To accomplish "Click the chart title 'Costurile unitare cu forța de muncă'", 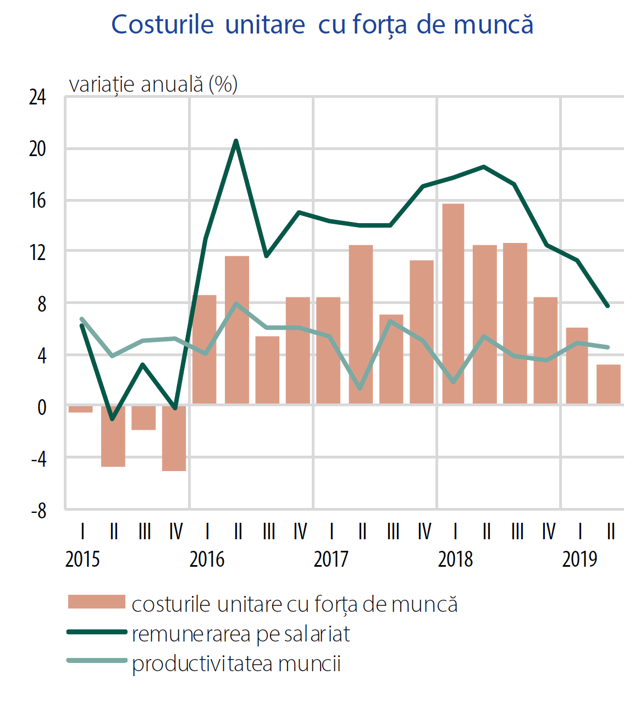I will coord(322,25).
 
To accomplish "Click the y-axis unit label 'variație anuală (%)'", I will coord(153,84).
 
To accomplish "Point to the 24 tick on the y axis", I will coord(37,97).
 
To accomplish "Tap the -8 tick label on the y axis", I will coord(38,511).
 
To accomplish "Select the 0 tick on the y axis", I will coord(42,407).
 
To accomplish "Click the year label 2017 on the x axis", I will coord(331,559).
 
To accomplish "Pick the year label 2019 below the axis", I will coord(580,559).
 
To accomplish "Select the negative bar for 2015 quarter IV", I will coord(174,438).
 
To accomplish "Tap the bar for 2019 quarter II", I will coord(608,384).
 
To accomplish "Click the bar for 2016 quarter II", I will coord(237,330).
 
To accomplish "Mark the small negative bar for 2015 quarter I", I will coord(80,408).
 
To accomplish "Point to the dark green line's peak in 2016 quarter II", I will coord(236,141).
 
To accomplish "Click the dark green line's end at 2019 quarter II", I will coord(608,306).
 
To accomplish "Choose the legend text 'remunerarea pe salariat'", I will coord(241,634).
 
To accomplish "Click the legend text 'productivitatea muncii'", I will coord(236,663).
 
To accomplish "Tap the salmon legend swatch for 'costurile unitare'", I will coord(97,602).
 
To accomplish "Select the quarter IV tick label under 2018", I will coord(549,532).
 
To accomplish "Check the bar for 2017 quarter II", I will coord(361,324).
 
